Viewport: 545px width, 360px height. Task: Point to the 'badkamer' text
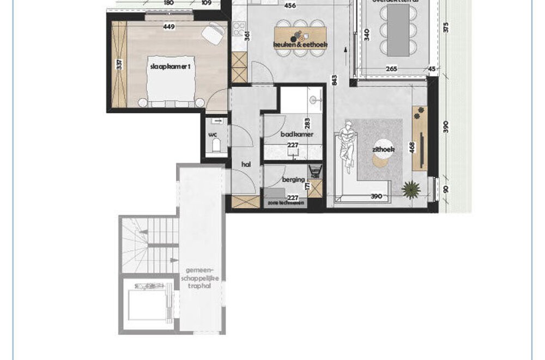point(297,134)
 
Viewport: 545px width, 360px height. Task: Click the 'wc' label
point(213,133)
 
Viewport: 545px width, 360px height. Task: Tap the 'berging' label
point(292,179)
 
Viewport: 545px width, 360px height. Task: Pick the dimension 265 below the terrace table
point(391,69)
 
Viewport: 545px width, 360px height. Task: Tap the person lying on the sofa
point(346,144)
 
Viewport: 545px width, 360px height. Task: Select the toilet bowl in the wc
point(216,145)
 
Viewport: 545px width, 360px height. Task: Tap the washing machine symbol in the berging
point(315,172)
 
